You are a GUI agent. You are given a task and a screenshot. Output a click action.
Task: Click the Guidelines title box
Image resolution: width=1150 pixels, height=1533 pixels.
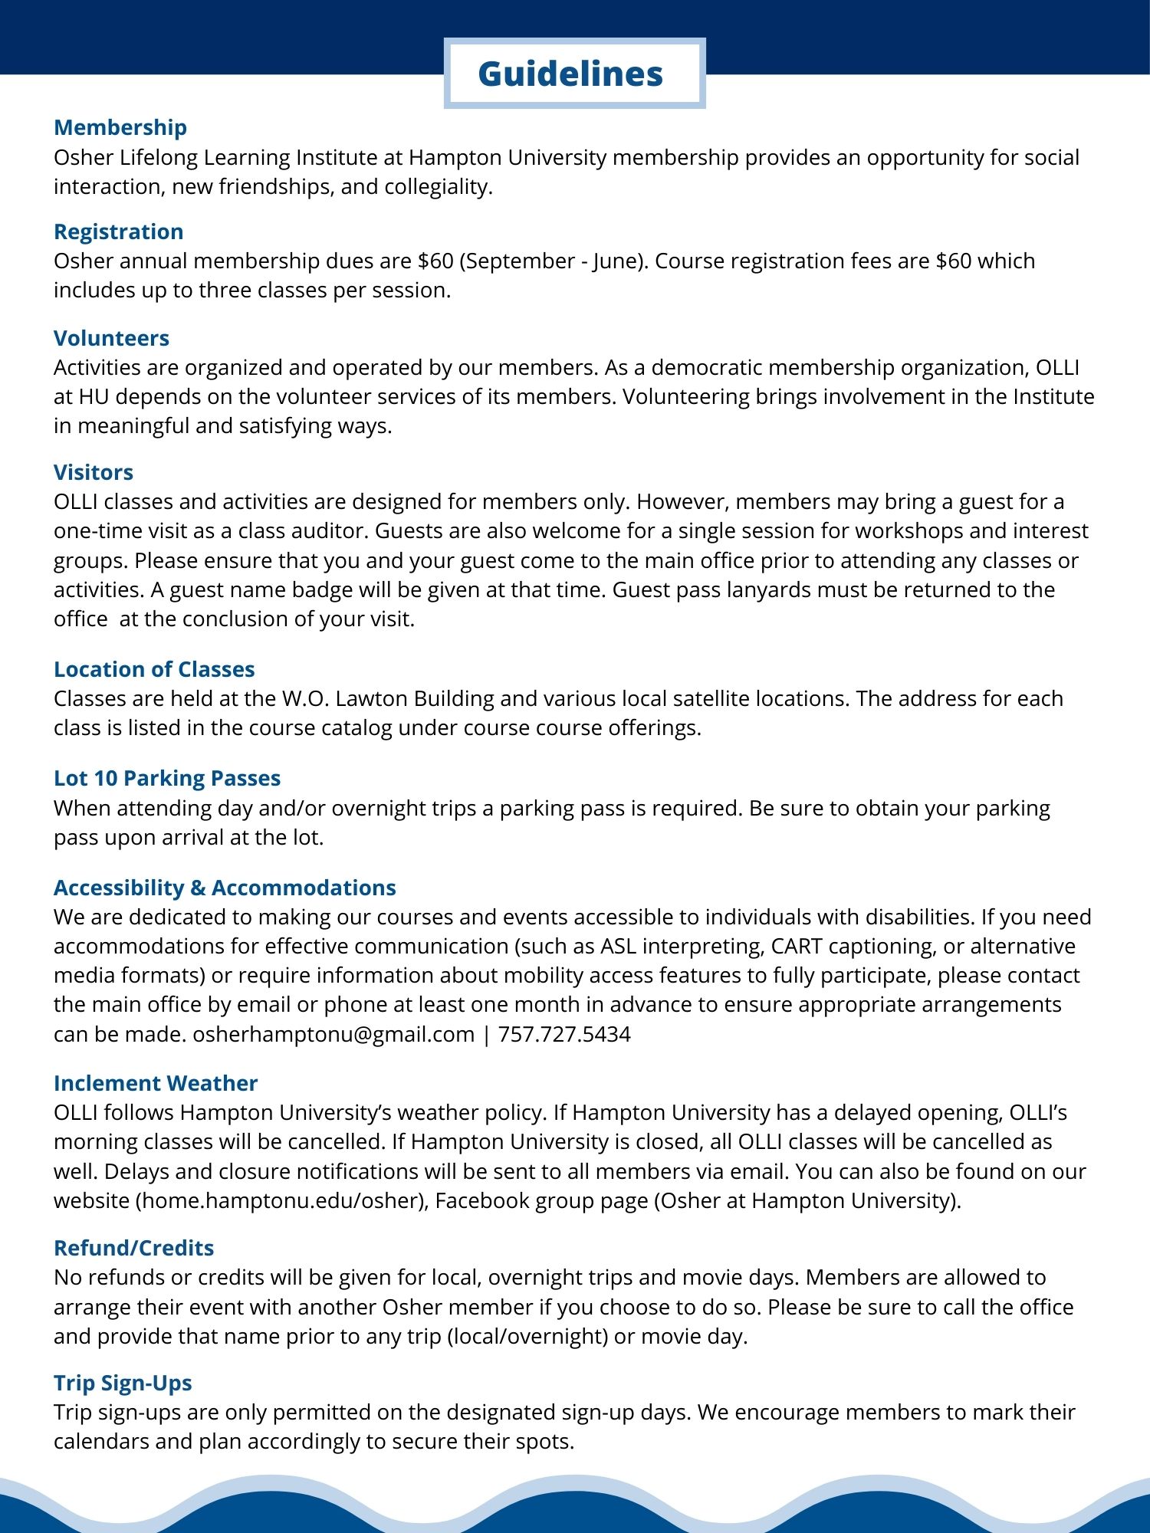573,74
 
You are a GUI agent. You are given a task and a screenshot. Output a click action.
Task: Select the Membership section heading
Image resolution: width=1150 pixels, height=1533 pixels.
120,127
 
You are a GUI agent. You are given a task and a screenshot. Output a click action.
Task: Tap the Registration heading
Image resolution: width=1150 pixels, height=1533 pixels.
119,231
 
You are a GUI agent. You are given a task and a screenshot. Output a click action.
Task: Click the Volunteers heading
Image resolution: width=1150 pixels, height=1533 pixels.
111,338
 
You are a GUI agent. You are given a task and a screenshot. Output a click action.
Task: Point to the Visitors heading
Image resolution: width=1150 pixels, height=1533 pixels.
94,472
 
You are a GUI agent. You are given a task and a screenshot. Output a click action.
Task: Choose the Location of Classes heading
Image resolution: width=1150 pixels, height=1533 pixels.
154,669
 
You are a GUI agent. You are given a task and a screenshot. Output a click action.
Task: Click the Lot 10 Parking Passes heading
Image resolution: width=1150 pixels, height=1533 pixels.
167,778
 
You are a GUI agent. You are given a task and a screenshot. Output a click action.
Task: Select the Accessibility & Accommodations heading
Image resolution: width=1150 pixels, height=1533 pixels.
225,888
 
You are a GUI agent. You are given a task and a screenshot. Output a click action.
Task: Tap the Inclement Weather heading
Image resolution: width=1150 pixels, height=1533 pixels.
156,1083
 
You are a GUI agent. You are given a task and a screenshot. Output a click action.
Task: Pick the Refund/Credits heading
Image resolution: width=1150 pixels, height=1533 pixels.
133,1248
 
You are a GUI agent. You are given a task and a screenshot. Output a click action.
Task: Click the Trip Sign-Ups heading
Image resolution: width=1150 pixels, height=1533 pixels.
123,1383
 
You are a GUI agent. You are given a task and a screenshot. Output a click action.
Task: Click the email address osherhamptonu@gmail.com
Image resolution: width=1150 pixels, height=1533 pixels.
333,1034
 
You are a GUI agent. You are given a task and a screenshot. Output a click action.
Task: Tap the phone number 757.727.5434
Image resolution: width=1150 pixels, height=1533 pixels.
564,1034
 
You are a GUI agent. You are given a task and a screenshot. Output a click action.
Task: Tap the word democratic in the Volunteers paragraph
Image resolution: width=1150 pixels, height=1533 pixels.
706,368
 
